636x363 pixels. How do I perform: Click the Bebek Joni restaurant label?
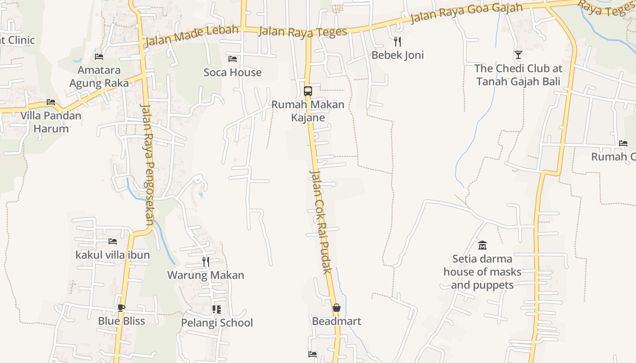pyautogui.click(x=397, y=55)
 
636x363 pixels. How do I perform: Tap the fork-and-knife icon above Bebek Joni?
pyautogui.click(x=397, y=42)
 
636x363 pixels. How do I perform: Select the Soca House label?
pyautogui.click(x=233, y=72)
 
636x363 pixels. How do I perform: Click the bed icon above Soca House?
pyautogui.click(x=233, y=59)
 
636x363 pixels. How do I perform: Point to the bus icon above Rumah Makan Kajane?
pyautogui.click(x=308, y=91)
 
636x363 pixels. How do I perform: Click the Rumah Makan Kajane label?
pyautogui.click(x=308, y=111)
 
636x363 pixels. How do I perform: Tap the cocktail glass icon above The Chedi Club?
pyautogui.click(x=518, y=55)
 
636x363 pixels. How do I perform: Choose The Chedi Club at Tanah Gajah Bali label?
pyautogui.click(x=518, y=75)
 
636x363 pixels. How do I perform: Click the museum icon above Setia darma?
pyautogui.click(x=482, y=245)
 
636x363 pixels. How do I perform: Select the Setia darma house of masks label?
pyautogui.click(x=482, y=272)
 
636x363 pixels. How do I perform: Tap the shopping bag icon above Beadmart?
pyautogui.click(x=337, y=308)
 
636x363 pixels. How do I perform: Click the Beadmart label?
pyautogui.click(x=337, y=321)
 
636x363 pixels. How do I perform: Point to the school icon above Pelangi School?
pyautogui.click(x=217, y=309)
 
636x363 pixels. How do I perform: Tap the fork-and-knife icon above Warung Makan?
pyautogui.click(x=206, y=262)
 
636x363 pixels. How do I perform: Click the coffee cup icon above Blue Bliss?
pyautogui.click(x=121, y=308)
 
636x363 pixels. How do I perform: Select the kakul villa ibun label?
pyautogui.click(x=113, y=255)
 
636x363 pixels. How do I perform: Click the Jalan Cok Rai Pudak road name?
pyautogui.click(x=321, y=222)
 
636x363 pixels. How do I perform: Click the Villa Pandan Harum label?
pyautogui.click(x=51, y=122)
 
